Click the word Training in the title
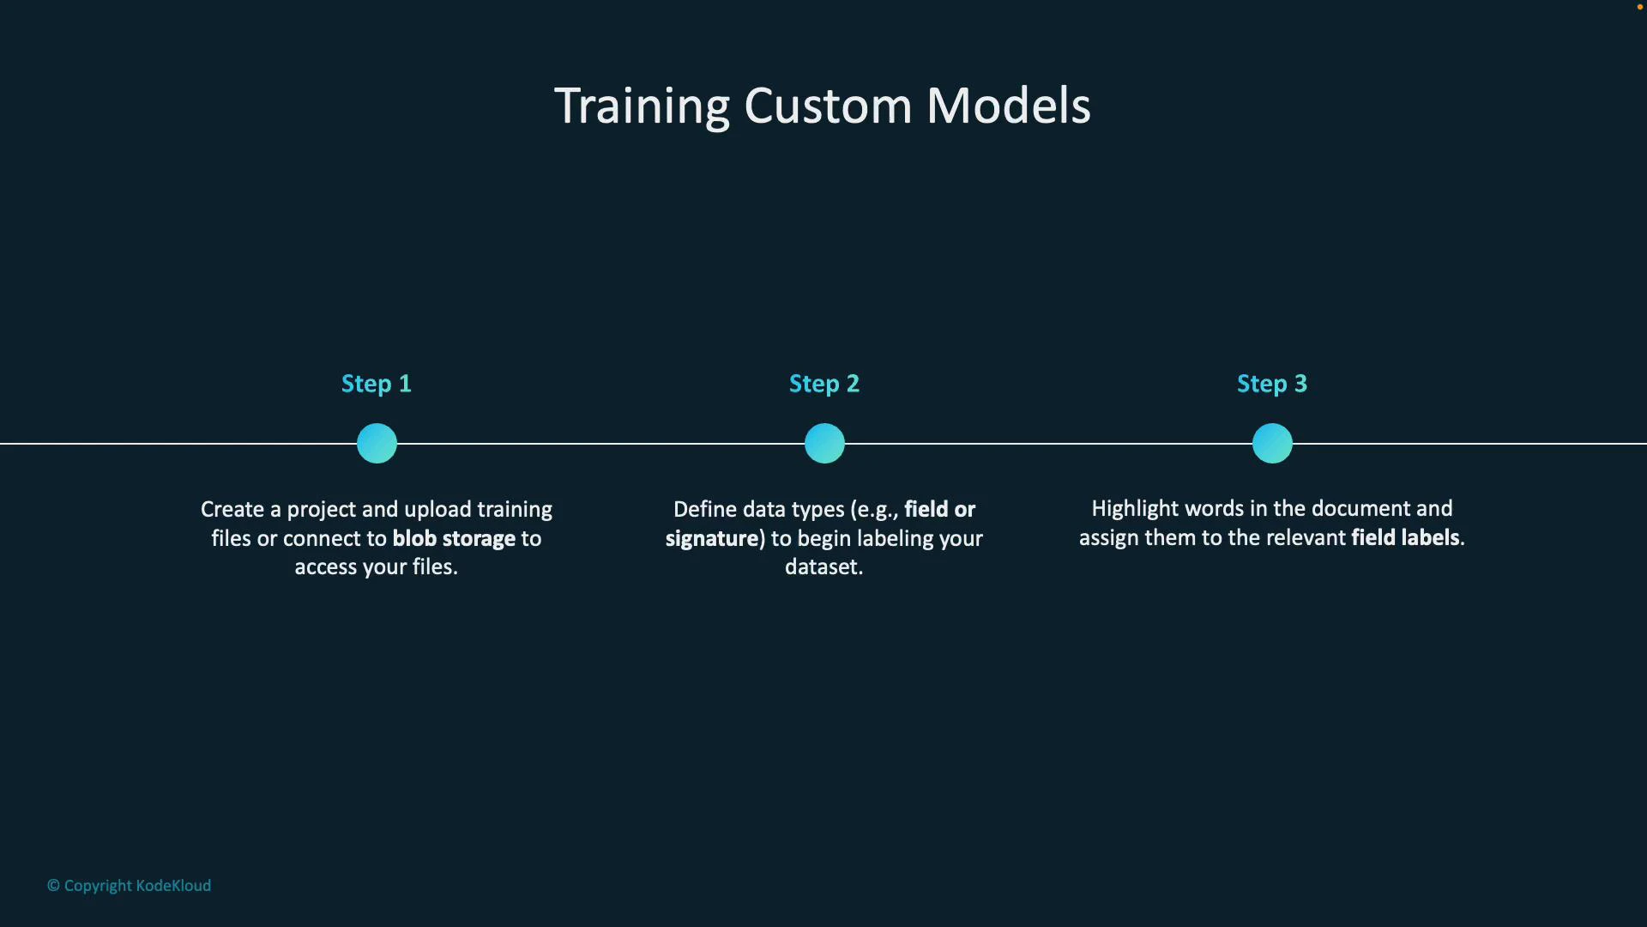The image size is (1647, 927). (x=642, y=106)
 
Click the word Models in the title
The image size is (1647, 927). (x=1008, y=106)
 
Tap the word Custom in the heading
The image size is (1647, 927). (x=827, y=106)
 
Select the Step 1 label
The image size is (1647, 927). (x=377, y=384)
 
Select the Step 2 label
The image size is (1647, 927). (x=824, y=384)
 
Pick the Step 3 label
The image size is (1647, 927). (x=1272, y=384)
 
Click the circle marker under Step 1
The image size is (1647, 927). (x=377, y=444)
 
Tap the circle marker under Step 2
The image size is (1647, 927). (x=824, y=444)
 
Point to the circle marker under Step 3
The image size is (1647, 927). (x=1272, y=444)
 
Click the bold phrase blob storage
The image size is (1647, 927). (x=454, y=538)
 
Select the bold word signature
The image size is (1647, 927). (x=712, y=538)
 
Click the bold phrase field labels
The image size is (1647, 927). (x=1405, y=537)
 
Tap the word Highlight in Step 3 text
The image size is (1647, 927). (x=1136, y=508)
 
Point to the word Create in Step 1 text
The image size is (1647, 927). (x=232, y=509)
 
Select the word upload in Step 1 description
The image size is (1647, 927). (x=437, y=509)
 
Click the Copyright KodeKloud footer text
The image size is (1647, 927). (x=130, y=886)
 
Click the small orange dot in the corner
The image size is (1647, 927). (x=1639, y=7)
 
